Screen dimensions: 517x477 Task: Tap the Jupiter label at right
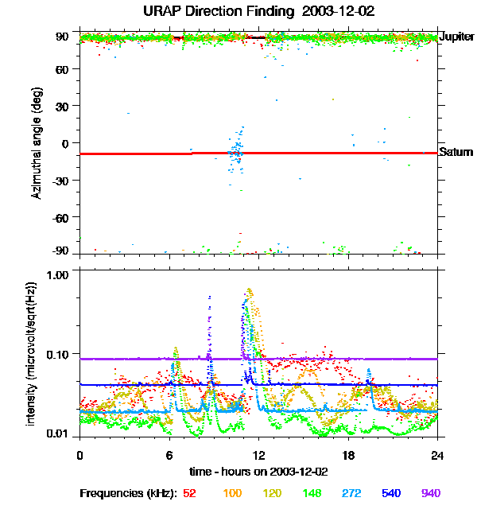457,37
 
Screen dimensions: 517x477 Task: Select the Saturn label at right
456,152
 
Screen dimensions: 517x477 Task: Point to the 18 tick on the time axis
348,455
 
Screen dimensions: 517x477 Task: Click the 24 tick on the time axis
437,455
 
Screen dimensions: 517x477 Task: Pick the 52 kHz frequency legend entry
189,493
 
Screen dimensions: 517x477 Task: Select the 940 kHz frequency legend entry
430,493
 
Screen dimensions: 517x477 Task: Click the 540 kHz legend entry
390,493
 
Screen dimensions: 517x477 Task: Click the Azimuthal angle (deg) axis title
36,143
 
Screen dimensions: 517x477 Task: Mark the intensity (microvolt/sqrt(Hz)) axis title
32,352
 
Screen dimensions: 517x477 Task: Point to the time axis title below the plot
258,472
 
